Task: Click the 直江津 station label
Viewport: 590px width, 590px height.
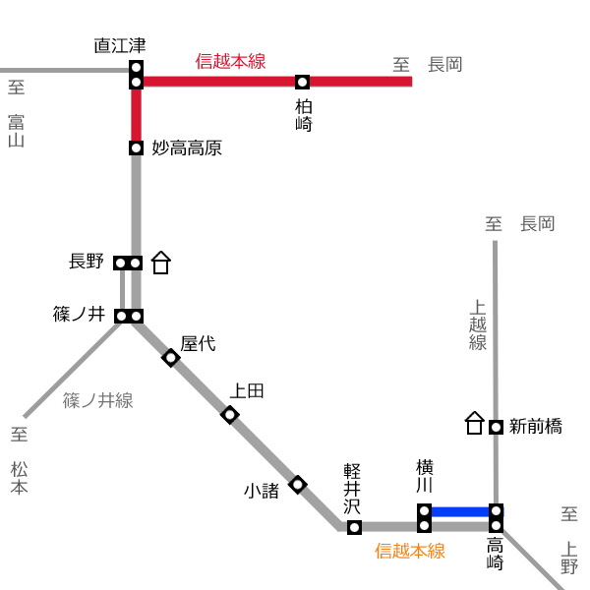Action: coord(120,46)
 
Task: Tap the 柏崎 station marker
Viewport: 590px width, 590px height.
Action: coord(302,82)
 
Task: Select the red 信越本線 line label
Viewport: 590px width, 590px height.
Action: coord(230,61)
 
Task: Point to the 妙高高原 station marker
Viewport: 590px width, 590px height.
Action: coord(136,147)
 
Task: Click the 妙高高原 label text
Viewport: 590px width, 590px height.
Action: coord(187,147)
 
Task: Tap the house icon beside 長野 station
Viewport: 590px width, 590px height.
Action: coord(161,263)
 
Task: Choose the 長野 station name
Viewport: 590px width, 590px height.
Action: coord(87,262)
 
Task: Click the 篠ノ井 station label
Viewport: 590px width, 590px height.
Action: coord(79,315)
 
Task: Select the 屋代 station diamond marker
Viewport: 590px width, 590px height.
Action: coord(171,358)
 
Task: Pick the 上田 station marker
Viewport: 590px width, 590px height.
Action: coord(229,415)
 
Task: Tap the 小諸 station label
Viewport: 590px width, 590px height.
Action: coord(262,491)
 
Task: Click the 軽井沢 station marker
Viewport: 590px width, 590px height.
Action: coord(354,527)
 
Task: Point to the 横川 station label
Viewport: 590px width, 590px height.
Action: coord(425,476)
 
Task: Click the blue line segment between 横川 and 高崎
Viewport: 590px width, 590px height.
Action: coord(460,511)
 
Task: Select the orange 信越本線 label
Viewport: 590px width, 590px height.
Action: coord(410,551)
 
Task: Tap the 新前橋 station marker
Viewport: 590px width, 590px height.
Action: coord(496,427)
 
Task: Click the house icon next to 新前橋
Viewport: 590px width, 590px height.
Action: coord(475,423)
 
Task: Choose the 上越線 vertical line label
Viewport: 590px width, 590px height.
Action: coord(478,325)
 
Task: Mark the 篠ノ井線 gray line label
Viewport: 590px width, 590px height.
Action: coord(97,400)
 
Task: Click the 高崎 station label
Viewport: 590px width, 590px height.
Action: coord(496,554)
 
